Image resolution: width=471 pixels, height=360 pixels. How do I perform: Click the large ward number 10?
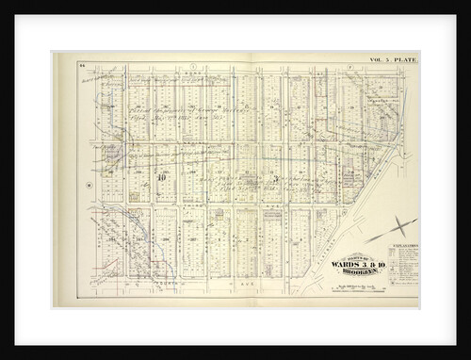[162, 176]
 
